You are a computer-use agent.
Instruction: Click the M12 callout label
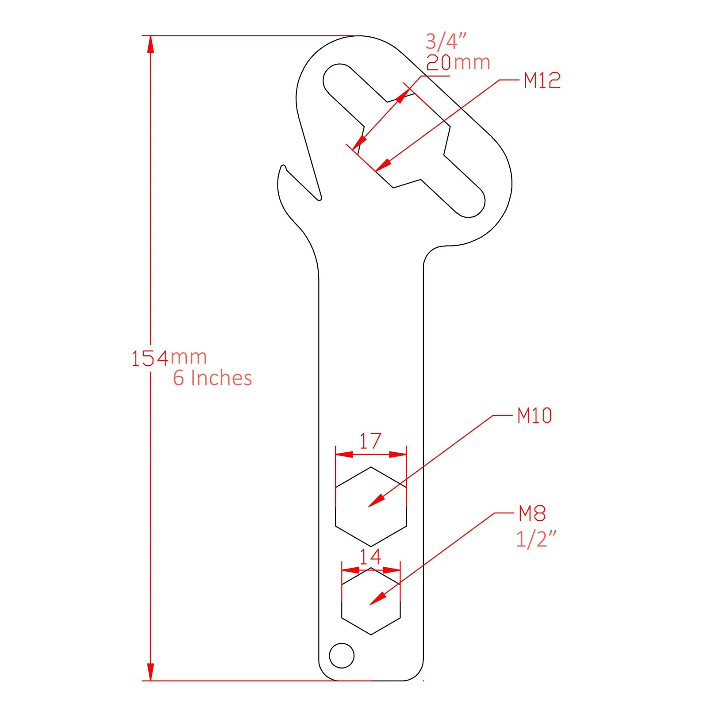click(542, 81)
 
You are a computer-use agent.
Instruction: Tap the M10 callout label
click(534, 416)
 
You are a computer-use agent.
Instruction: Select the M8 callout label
click(532, 513)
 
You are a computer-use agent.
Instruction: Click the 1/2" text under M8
click(535, 539)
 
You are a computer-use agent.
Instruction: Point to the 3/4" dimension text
click(446, 41)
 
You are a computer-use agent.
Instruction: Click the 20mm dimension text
click(458, 62)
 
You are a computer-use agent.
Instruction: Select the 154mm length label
click(169, 358)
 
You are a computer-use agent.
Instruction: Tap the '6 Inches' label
click(212, 378)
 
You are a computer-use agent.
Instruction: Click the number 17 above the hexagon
click(370, 441)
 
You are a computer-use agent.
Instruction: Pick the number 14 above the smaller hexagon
click(370, 557)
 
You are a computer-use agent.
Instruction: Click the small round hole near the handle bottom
click(342, 655)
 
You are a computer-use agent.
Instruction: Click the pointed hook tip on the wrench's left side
click(283, 167)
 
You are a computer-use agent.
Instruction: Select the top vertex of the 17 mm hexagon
click(371, 467)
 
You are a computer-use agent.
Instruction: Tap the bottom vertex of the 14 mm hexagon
click(371, 635)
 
